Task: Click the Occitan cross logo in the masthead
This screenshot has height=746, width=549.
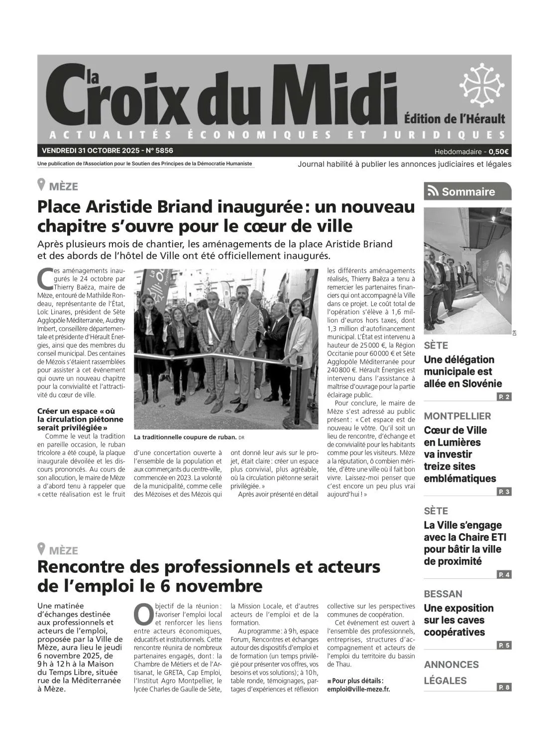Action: (481, 86)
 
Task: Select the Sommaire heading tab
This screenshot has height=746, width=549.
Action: (467, 191)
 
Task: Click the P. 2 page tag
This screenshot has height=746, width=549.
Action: (504, 397)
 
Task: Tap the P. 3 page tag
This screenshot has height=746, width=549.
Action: (504, 492)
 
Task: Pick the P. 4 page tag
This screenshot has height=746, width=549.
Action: (504, 574)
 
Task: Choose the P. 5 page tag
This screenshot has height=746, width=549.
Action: (504, 646)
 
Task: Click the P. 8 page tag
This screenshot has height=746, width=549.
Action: (504, 687)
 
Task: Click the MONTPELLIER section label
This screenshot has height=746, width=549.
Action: (457, 416)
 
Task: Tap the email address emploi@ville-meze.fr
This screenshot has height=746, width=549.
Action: (358, 689)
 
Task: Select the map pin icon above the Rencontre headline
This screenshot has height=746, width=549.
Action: (42, 549)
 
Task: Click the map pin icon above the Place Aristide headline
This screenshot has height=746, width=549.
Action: (42, 185)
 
